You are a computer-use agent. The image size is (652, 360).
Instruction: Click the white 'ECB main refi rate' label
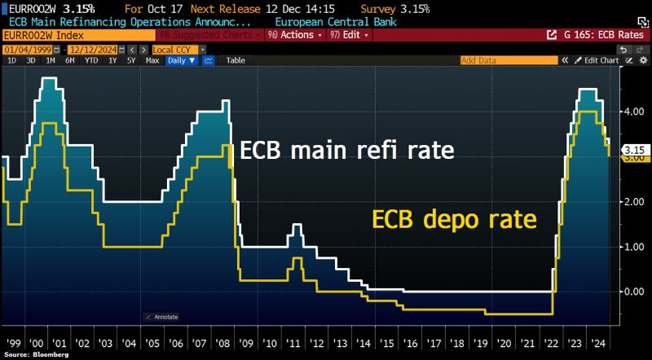pos(347,150)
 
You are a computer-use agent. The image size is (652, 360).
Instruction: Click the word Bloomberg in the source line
pos(41,354)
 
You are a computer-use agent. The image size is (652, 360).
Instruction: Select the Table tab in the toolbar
pos(235,60)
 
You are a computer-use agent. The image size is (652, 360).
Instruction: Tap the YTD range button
pos(91,60)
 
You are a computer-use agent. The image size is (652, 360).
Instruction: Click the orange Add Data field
pos(508,60)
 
